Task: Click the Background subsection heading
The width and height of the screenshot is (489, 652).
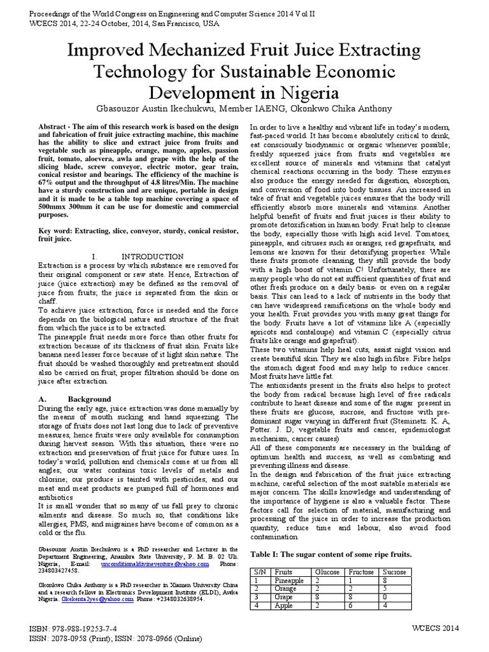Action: point(86,399)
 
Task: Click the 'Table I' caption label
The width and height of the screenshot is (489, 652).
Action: point(267,553)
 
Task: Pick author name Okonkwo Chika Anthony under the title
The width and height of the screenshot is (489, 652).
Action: point(346,108)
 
